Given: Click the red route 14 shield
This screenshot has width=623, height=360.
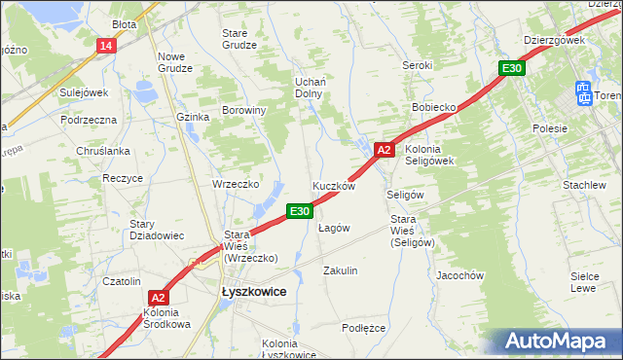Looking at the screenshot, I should [x=106, y=45].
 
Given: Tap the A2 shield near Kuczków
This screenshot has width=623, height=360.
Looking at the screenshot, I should [x=384, y=150].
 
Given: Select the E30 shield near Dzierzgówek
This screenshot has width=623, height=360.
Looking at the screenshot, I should [x=513, y=68].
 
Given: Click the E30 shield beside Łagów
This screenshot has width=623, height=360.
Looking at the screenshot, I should [x=299, y=210].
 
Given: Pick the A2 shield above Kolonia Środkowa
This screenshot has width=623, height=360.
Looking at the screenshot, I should [x=160, y=299].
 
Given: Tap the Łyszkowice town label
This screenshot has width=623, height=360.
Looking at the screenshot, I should [x=246, y=291].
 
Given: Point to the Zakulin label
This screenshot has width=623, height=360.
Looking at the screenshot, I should [x=341, y=270].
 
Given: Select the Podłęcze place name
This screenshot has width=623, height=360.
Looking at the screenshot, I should [x=364, y=328].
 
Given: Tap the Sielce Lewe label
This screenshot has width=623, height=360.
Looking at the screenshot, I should [x=583, y=282].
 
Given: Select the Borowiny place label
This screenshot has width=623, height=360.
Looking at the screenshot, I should [x=244, y=110].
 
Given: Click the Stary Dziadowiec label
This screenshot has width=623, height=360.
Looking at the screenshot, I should [x=157, y=230].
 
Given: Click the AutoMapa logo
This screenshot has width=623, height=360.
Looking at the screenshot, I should [x=558, y=341].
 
